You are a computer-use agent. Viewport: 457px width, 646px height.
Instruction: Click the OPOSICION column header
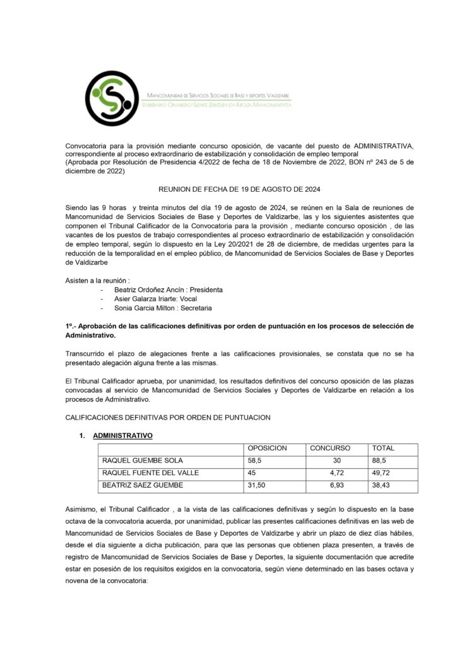[x=268, y=448]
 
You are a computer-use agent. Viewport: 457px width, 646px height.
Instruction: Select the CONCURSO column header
[x=329, y=448]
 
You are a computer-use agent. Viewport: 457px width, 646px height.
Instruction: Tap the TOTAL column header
[x=383, y=448]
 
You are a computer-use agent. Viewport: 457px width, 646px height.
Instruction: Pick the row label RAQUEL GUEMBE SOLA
[x=143, y=461]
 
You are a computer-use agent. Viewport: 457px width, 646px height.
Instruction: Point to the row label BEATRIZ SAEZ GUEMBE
[x=143, y=484]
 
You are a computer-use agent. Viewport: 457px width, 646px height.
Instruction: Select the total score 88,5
[x=379, y=461]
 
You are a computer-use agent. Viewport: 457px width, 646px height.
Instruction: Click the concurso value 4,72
[x=336, y=473]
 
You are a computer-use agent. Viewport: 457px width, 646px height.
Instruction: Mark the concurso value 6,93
[x=336, y=484]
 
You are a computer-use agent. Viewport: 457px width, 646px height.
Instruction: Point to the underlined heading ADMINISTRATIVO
[x=122, y=435]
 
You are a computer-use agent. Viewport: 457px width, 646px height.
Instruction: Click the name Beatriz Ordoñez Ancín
[x=151, y=290]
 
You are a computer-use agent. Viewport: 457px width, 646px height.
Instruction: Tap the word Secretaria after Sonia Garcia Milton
[x=194, y=308]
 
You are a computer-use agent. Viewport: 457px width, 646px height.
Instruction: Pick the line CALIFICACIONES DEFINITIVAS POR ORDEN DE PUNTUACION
[x=168, y=418]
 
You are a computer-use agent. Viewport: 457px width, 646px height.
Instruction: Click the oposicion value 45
[x=252, y=473]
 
